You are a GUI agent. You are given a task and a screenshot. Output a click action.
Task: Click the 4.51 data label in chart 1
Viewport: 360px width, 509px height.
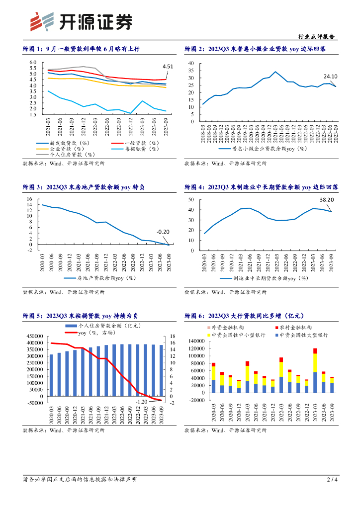168,67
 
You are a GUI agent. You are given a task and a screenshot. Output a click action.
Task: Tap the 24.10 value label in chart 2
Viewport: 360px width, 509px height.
331,77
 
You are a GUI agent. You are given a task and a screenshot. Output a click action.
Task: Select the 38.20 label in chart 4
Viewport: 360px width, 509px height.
326,200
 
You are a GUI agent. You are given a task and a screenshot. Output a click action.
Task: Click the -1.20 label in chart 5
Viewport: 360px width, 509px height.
142,401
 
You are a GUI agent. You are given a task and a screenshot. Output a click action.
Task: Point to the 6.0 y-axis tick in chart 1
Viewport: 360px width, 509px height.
33,63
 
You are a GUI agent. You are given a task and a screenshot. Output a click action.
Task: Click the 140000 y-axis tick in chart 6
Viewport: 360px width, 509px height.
198,341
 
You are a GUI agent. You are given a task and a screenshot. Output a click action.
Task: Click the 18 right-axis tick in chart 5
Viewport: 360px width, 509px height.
173,337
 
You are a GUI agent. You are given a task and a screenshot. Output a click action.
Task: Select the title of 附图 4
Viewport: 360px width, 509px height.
261,187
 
